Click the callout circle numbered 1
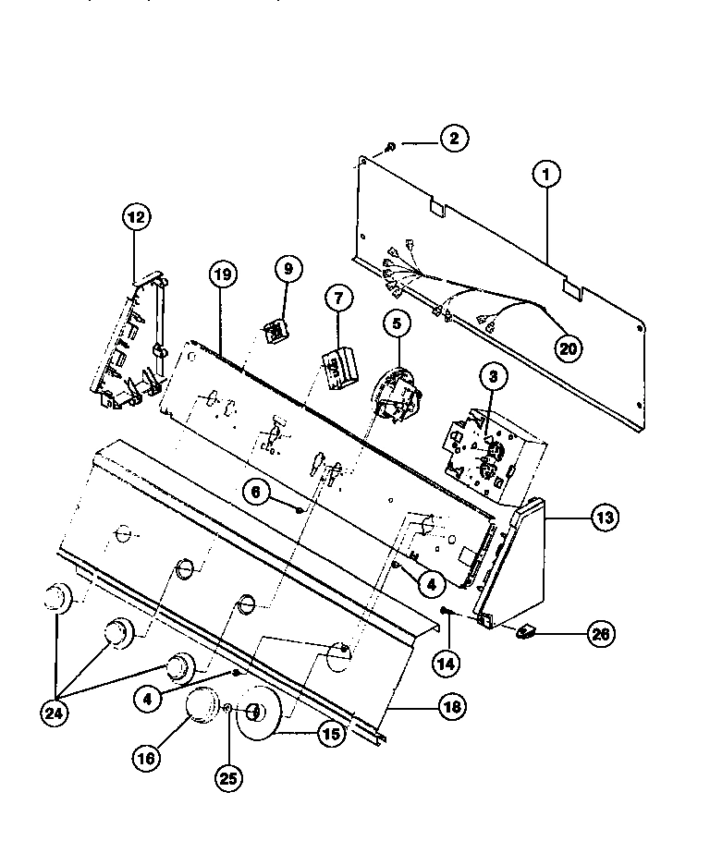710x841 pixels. tap(545, 173)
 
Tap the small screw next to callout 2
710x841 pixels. tap(391, 145)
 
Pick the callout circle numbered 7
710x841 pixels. tap(338, 299)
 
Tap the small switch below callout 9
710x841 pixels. tap(275, 329)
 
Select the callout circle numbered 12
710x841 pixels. tap(136, 218)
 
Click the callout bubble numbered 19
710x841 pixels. tap(223, 274)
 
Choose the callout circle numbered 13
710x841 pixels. tap(604, 518)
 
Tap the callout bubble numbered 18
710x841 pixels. tap(450, 708)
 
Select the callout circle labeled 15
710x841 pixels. tap(330, 735)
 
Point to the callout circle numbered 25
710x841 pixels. tap(228, 778)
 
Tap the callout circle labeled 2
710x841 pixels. tap(453, 140)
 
